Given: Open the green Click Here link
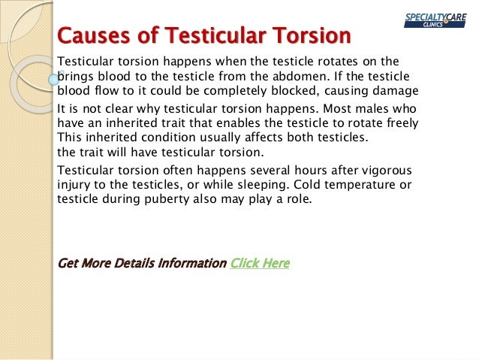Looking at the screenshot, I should click(260, 263).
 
